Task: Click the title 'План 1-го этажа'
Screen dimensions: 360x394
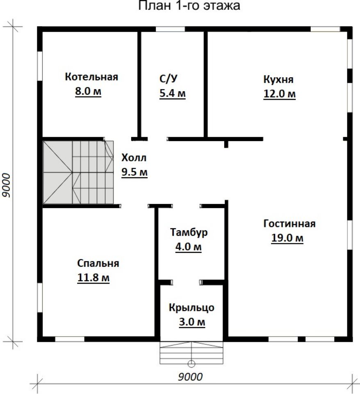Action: point(189,5)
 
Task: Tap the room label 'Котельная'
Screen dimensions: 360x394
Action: point(91,77)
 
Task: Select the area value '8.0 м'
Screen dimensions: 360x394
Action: point(88,91)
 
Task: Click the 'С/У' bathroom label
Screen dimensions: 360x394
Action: point(169,79)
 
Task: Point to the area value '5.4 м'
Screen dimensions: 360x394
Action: point(173,93)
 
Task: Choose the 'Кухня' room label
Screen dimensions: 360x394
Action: point(278,79)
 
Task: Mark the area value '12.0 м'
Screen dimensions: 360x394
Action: point(279,94)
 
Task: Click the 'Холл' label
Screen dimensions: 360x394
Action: point(134,158)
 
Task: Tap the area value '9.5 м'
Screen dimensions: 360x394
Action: point(134,172)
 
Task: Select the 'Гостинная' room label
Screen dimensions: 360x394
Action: point(289,223)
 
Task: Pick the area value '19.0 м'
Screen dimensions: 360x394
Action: point(287,238)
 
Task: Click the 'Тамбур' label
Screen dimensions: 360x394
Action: point(189,232)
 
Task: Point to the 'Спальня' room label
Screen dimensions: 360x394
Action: point(98,263)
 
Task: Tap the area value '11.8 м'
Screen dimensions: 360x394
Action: point(93,278)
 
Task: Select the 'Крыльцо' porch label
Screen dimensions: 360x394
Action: point(191,308)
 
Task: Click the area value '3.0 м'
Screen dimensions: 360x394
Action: point(192,322)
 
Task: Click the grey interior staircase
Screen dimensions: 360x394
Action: point(78,172)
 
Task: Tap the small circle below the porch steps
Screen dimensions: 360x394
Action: point(191,363)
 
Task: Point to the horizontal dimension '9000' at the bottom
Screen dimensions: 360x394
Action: point(190,377)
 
